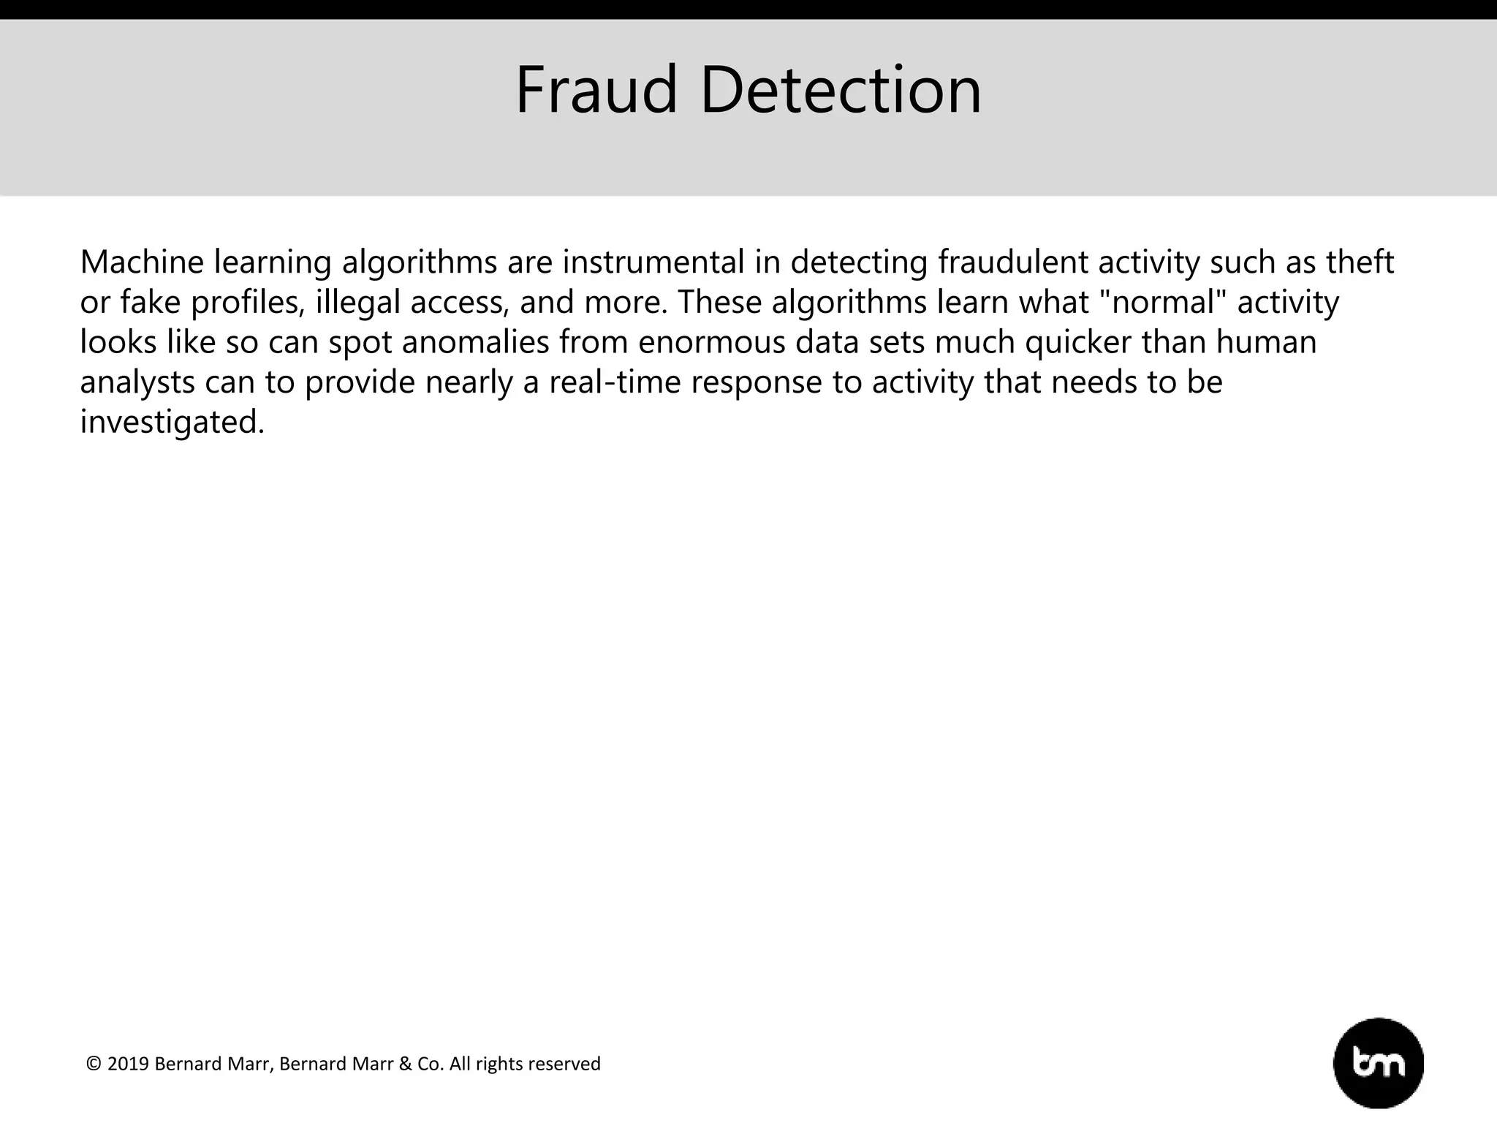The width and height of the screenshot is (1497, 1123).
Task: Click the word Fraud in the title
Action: [596, 91]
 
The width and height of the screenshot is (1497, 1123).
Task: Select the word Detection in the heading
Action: [841, 91]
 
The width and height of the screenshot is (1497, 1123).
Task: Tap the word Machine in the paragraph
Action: [142, 262]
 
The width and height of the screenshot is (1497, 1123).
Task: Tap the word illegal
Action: [358, 303]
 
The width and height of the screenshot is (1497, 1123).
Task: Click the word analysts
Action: [137, 382]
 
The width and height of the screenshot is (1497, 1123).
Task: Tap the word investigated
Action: [172, 423]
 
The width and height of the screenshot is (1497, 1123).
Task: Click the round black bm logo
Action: [1379, 1063]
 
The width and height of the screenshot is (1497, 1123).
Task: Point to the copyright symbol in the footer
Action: [94, 1064]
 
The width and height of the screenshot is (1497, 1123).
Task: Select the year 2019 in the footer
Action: [129, 1064]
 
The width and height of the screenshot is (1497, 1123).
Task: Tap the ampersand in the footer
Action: [405, 1064]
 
